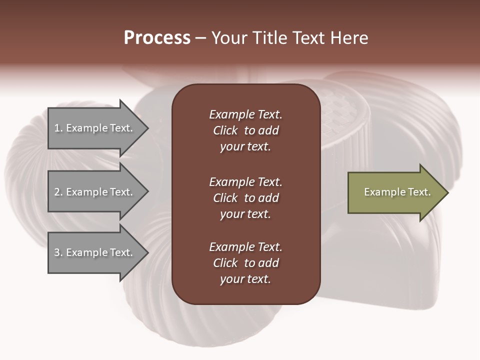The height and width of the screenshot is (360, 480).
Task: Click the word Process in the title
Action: [157, 38]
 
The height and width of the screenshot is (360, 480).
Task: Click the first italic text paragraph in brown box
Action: [245, 130]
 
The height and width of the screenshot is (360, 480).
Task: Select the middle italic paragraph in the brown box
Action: [245, 198]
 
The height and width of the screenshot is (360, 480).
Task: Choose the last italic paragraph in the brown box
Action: [245, 263]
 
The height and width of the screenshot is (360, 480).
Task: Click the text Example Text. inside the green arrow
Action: [397, 192]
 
